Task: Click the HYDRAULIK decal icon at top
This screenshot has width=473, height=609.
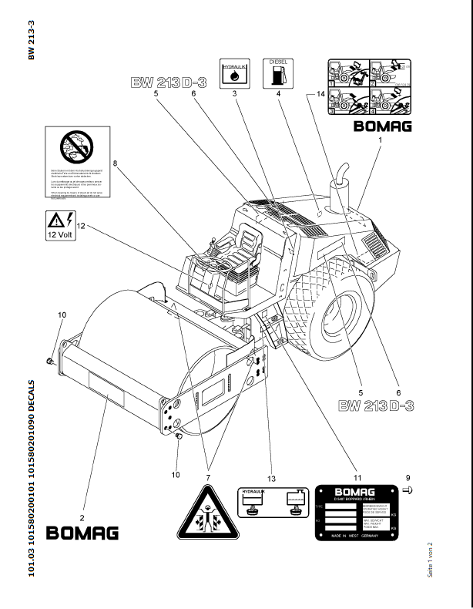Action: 233,72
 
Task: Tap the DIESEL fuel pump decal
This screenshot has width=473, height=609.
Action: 278,72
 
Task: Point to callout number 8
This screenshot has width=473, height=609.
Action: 115,163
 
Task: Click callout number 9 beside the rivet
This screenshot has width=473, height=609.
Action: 408,478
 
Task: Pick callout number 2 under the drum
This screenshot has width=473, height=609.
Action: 82,506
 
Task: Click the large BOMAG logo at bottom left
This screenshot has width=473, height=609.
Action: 83,533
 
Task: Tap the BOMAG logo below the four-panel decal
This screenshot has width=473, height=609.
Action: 383,126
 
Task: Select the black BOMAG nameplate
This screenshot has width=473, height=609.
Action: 355,513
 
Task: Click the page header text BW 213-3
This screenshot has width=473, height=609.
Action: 31,39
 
